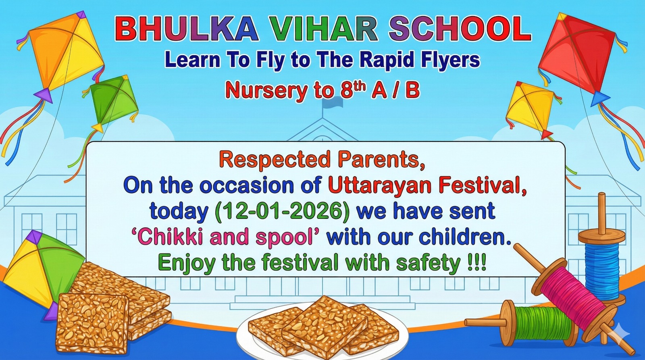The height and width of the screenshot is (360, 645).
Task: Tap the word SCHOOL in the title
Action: pos(460,29)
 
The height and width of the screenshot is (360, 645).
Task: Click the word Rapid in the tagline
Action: pos(387,60)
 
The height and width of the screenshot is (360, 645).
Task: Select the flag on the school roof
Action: pos(333,103)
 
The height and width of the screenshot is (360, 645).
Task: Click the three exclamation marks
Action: pos(476,263)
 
